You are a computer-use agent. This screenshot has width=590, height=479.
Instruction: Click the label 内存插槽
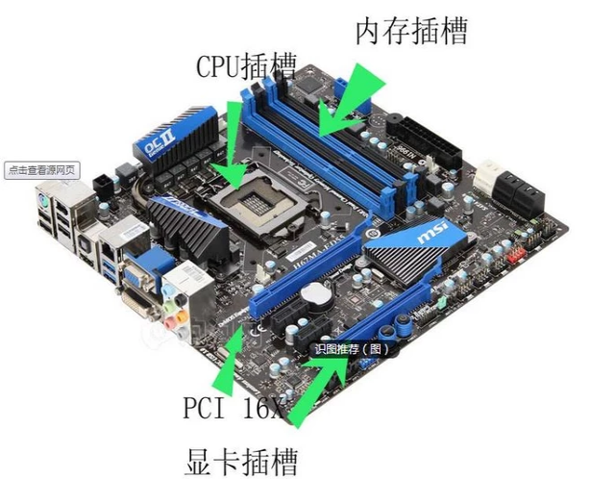tap(410, 31)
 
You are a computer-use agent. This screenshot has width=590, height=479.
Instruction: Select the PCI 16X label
tap(234, 408)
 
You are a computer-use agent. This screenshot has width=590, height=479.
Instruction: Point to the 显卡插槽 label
tap(241, 456)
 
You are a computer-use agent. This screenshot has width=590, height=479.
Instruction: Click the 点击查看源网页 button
tap(42, 170)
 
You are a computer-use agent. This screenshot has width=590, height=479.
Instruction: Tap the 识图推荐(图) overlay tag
tap(353, 349)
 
